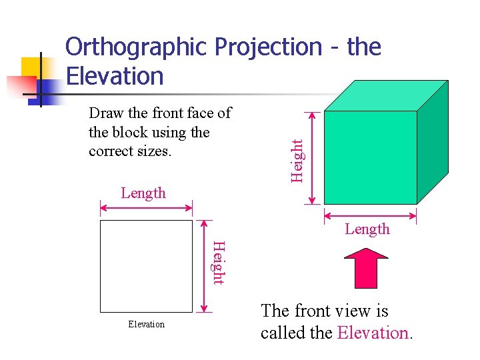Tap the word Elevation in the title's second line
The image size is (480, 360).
tap(115, 76)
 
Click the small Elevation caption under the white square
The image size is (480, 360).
tap(146, 324)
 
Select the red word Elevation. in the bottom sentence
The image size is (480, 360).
tap(375, 332)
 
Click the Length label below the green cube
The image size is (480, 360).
tap(367, 229)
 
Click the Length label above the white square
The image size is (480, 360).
tap(143, 193)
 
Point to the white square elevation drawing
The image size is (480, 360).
tap(146, 266)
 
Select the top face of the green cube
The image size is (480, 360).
tap(385, 95)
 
